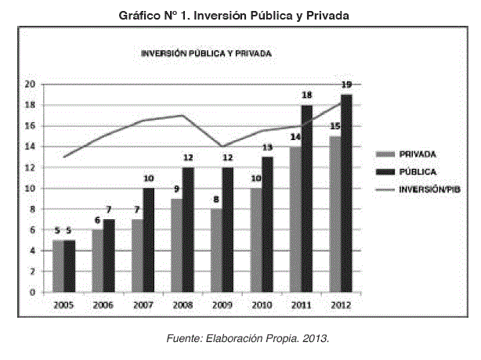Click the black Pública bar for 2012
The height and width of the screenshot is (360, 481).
pos(346,193)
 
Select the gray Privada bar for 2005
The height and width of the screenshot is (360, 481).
pos(58,266)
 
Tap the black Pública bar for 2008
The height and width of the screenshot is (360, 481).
pos(187,229)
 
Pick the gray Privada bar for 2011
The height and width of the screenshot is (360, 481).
pos(295,219)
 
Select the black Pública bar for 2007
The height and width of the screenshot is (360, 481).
pos(148,240)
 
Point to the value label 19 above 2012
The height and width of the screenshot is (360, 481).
pos(345,85)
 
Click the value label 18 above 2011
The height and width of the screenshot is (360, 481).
pos(307,95)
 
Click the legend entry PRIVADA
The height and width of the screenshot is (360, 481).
pos(419,154)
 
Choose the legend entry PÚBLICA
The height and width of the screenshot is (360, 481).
pos(418,170)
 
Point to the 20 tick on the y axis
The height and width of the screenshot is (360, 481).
pos(30,85)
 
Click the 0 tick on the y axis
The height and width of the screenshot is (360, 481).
pos(33,293)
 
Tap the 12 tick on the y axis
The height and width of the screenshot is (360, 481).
pos(30,167)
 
